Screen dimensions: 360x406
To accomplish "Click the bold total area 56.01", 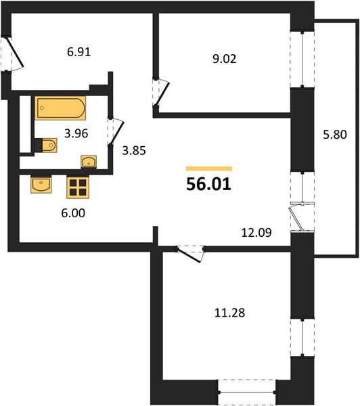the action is [x=208, y=184].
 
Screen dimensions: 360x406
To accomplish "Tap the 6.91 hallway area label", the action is [x=78, y=52].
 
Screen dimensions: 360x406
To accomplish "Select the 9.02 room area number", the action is [x=224, y=59].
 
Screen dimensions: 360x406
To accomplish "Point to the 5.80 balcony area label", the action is [x=334, y=135].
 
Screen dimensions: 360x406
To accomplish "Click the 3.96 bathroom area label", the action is [x=76, y=133].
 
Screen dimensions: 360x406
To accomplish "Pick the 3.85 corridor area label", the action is [x=134, y=150].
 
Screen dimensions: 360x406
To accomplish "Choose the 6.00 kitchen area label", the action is [x=73, y=213].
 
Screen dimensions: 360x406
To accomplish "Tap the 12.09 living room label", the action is [x=256, y=233].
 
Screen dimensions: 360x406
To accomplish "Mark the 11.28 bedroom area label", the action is [x=229, y=313].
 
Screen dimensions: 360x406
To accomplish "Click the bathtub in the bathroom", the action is [x=60, y=108].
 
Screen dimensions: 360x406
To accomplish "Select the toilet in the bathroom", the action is [x=46, y=145].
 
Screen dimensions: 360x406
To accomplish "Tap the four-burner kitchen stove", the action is [x=78, y=187].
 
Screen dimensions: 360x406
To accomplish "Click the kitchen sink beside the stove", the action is [x=41, y=184].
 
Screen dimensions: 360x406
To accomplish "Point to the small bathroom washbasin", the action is [x=89, y=162].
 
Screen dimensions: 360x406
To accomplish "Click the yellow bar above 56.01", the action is [x=209, y=168].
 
